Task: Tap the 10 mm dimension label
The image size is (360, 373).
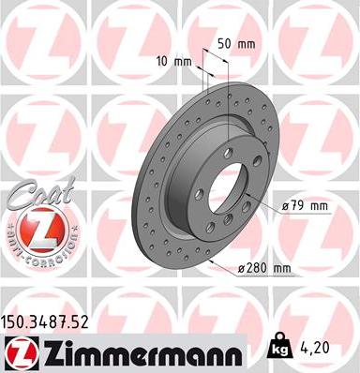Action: click(176, 62)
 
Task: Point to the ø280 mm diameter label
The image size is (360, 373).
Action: click(266, 269)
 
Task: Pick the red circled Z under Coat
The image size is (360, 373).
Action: click(35, 229)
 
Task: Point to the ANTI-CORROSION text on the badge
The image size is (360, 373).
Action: click(35, 254)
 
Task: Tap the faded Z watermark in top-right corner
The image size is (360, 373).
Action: click(315, 37)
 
